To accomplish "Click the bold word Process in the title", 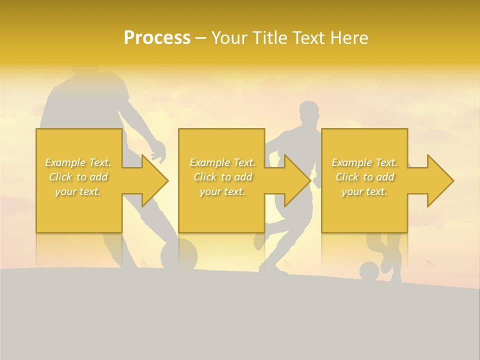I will click(157, 38).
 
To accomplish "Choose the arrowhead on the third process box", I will click(440, 180).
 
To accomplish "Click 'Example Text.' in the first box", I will click(78, 162).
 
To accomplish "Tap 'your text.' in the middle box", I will click(222, 191).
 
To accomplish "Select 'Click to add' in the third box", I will click(364, 177).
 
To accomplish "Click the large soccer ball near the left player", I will click(178, 253).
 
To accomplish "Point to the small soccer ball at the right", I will click(369, 271).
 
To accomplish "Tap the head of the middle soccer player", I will click(308, 113).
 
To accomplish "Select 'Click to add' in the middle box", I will click(222, 177).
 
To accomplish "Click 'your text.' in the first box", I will click(78, 191).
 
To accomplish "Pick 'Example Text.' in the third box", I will click(364, 162).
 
